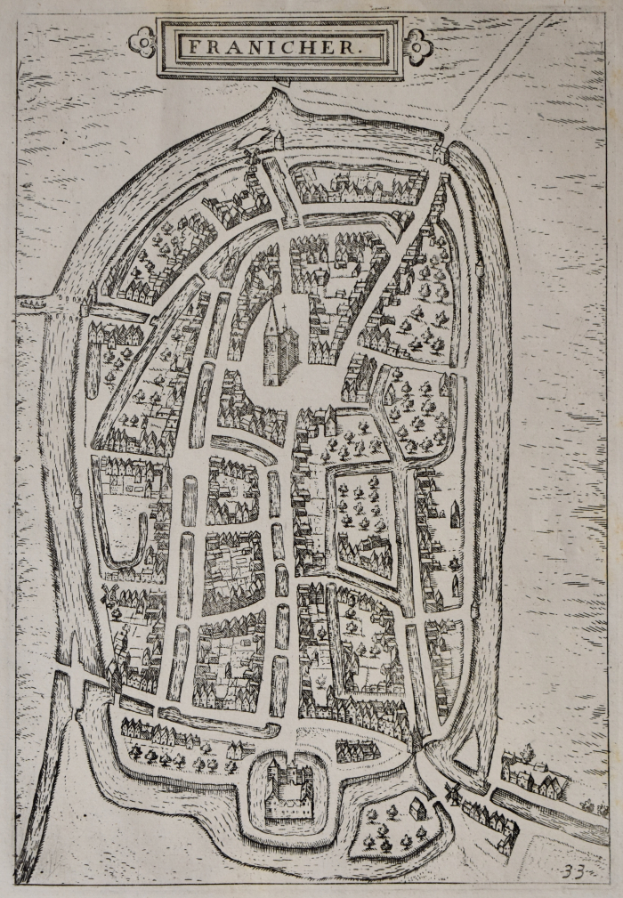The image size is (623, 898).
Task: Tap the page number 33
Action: pyautogui.click(x=573, y=871)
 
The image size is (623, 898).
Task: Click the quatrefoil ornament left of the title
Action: pyautogui.click(x=141, y=41)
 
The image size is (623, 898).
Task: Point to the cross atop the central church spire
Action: pyautogui.click(x=283, y=311)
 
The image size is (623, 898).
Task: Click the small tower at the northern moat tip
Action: pyautogui.click(x=278, y=140)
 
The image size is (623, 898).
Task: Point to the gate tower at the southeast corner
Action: pyautogui.click(x=416, y=739)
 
